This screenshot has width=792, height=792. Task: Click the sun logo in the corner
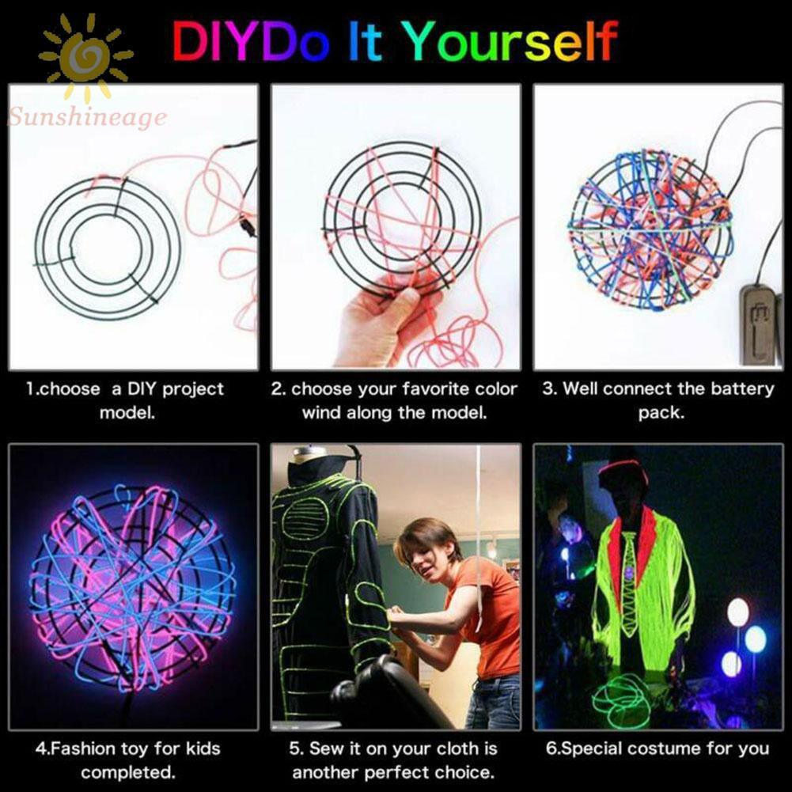pos(85,58)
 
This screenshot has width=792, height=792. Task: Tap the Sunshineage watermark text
pos(87,119)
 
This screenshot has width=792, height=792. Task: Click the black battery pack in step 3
pos(759,324)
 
